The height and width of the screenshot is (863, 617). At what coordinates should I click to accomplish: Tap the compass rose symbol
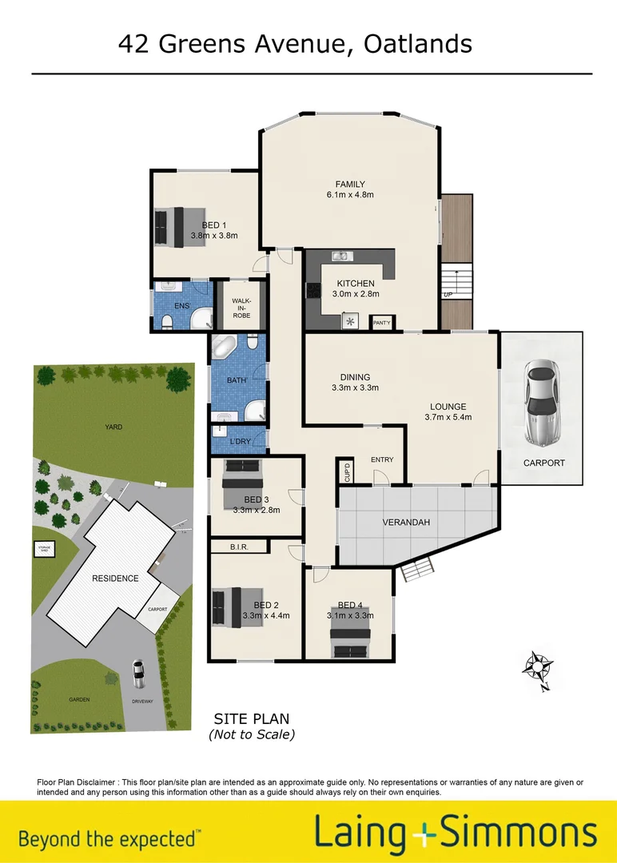coord(539,666)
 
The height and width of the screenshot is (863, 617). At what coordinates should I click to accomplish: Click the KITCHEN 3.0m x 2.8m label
coord(356,288)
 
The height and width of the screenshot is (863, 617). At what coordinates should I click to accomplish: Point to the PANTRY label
coord(381,323)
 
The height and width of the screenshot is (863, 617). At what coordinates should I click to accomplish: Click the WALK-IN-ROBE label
coord(241,308)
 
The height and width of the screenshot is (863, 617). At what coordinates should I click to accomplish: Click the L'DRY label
coord(239,442)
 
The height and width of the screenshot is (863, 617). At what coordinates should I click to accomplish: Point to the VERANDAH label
coord(407,523)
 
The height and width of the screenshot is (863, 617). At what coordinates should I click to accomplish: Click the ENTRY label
coord(382,459)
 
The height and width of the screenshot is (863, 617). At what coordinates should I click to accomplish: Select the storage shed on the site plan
coord(42,548)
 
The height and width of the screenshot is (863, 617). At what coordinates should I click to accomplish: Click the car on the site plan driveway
coord(138,674)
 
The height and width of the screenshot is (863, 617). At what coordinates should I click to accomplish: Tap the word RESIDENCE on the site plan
coord(115,578)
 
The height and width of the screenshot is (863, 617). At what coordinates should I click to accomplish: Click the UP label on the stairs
coord(448,295)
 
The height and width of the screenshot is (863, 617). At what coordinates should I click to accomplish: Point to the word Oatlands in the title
coord(417,44)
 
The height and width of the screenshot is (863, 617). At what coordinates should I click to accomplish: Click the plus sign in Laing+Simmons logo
coord(422,833)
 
